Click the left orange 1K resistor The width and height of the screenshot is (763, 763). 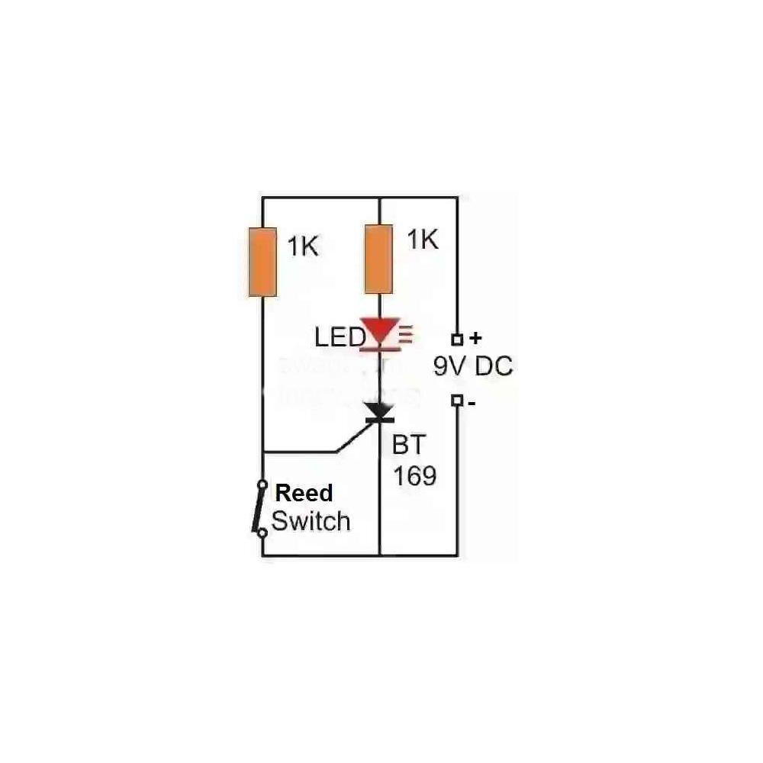click(x=262, y=262)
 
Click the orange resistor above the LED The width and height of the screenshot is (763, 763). click(x=379, y=258)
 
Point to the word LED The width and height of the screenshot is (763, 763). click(x=339, y=336)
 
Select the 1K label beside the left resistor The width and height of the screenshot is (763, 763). click(x=302, y=247)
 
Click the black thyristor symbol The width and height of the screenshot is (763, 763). click(x=379, y=412)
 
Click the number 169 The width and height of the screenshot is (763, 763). click(x=414, y=476)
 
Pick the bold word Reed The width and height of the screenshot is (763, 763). click(x=304, y=493)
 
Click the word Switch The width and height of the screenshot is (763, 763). click(x=311, y=522)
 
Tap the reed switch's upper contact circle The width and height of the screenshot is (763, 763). click(x=262, y=484)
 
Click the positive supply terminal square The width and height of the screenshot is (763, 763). click(x=457, y=340)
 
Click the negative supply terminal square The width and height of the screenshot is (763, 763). click(x=457, y=400)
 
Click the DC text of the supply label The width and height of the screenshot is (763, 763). click(x=494, y=367)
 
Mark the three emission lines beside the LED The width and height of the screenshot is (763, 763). click(x=405, y=333)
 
